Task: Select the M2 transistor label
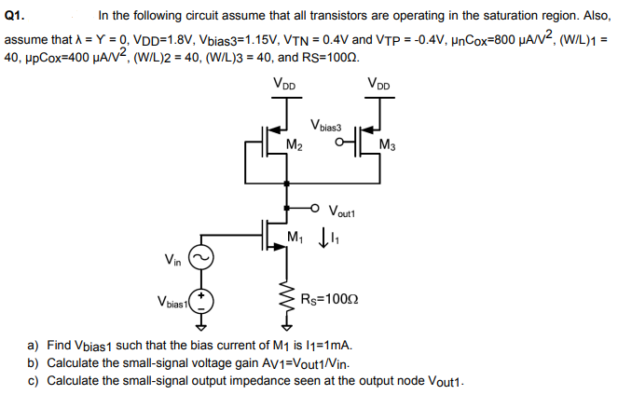295,144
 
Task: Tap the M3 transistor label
389,144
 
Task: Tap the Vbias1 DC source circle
201,301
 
